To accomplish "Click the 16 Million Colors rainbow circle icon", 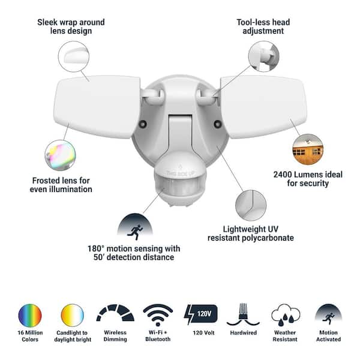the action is point(30,316).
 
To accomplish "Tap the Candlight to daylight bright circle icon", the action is point(73,316).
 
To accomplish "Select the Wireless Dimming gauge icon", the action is point(115,313).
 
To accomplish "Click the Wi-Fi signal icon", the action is point(158,315).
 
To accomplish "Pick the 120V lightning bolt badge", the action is point(200,314).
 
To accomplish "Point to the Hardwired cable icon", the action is point(243,314).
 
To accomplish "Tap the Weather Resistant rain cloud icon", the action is point(286,315).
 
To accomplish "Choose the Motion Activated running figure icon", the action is point(328,315).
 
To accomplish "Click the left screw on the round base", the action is point(143,124).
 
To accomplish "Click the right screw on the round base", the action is point(217,124).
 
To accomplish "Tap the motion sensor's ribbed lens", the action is point(180,186).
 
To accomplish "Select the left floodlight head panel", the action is point(97,107).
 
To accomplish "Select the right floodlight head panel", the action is point(263,107).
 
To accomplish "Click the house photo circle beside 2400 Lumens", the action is point(308,149).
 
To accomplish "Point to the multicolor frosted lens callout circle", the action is point(61,155).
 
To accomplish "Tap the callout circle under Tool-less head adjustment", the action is point(264,56).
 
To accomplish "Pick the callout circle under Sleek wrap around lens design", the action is point(73,56).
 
